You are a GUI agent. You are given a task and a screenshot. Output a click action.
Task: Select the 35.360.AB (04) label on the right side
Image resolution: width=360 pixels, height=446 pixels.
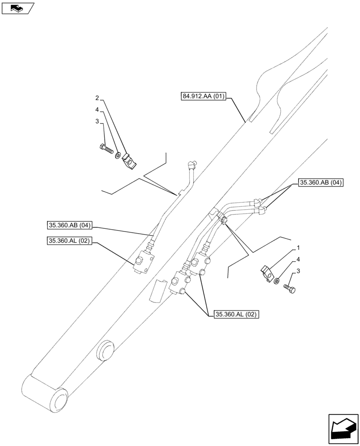[x=320, y=182]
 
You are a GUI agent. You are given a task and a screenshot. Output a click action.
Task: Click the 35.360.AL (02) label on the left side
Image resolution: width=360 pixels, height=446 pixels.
[x=69, y=241]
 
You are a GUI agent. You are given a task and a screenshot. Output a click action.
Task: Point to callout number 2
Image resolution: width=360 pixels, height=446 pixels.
[x=96, y=98]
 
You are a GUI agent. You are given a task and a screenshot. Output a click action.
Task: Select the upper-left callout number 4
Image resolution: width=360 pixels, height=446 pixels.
[x=96, y=109]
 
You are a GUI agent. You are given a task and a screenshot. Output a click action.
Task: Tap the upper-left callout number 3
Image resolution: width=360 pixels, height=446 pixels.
[x=96, y=121]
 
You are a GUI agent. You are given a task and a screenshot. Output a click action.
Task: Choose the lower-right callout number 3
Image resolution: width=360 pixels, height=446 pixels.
[x=298, y=271]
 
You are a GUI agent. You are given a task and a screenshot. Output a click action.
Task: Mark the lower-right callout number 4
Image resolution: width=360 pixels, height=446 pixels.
[x=298, y=259]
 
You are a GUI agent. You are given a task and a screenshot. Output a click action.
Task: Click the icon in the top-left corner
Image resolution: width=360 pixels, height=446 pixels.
[x=18, y=8]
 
